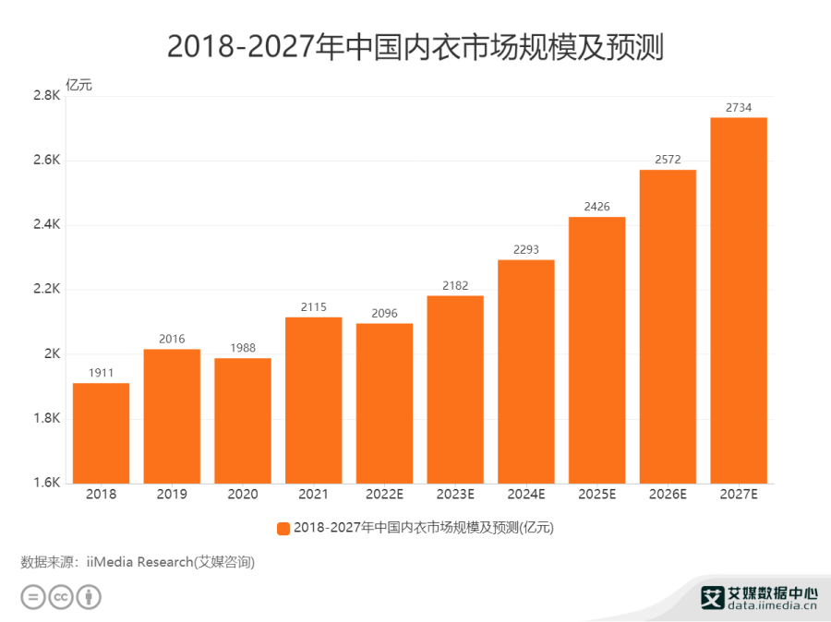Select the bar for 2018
101,433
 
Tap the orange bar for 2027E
739,300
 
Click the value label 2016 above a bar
172,339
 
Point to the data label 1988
243,347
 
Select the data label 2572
668,160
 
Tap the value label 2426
596,206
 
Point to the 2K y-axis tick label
51,354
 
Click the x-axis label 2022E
384,495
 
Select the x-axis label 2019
172,495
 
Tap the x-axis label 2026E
668,495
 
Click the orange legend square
283,528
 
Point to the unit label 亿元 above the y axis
78,86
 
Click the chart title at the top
415,46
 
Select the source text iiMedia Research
138,562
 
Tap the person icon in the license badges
89,597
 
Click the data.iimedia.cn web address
759,607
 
